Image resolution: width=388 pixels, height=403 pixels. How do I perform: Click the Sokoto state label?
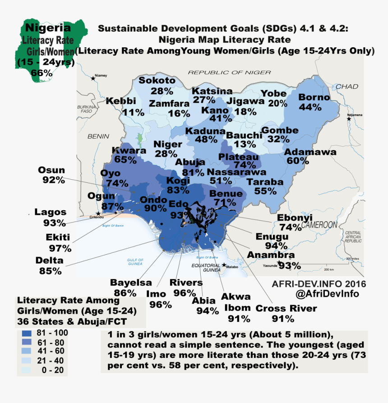(157, 81)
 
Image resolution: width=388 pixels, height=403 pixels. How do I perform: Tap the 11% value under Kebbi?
(130, 112)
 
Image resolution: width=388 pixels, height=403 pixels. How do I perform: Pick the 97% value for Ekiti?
(60, 248)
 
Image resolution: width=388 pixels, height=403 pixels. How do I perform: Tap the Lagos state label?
(50, 212)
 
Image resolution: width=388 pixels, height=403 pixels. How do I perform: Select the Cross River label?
(286, 308)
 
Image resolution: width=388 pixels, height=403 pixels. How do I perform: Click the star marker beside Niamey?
(93, 78)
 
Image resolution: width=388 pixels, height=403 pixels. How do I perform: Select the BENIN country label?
(98, 136)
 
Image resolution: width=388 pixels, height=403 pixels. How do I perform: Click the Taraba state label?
(264, 182)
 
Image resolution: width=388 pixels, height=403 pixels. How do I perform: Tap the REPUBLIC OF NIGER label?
(229, 72)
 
